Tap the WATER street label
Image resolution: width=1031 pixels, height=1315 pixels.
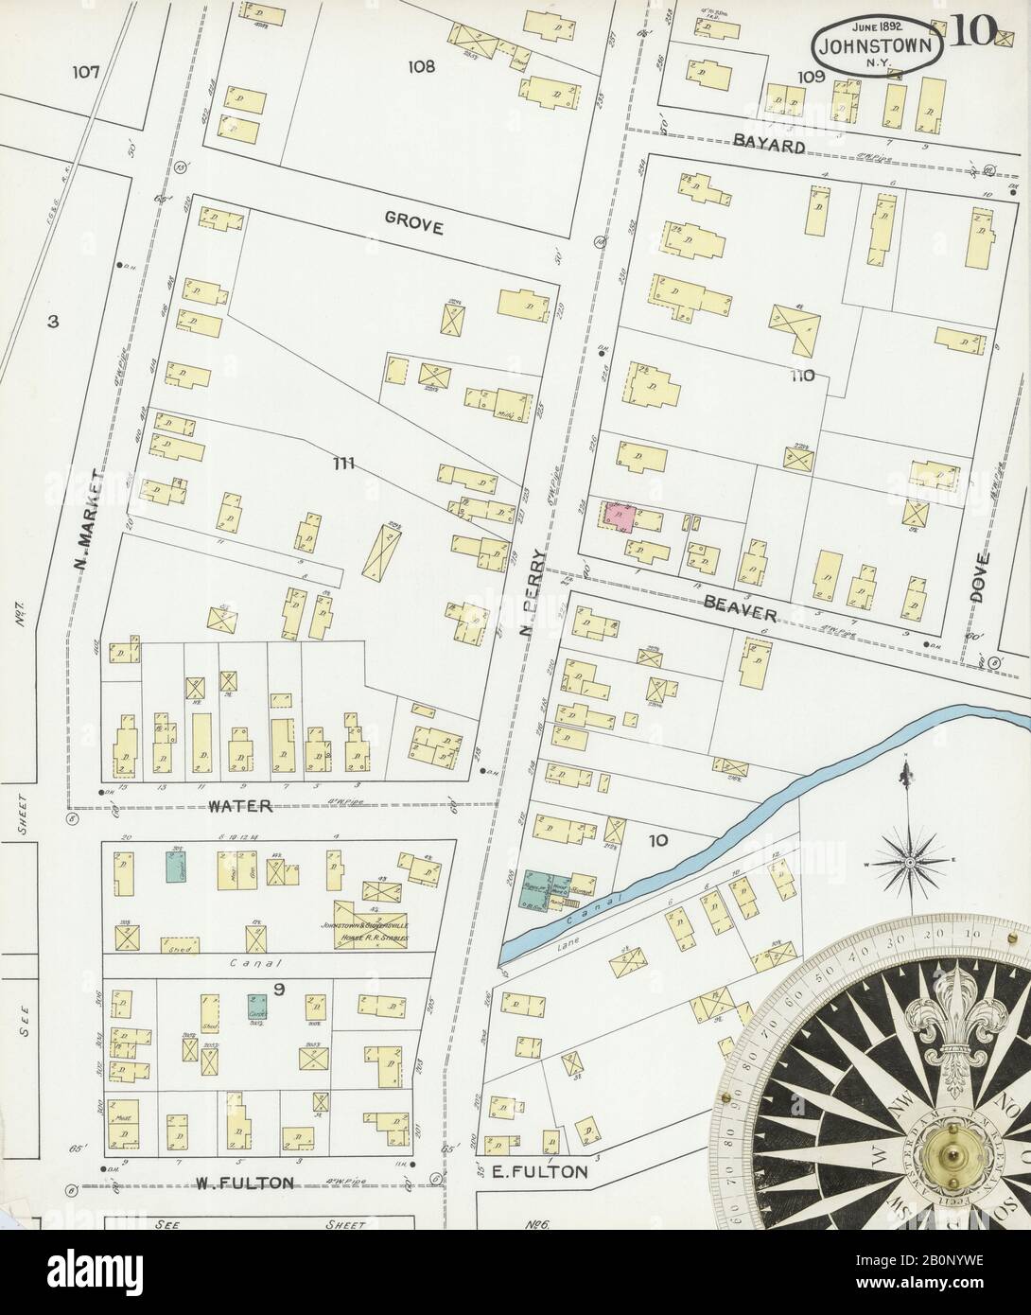pyautogui.click(x=240, y=806)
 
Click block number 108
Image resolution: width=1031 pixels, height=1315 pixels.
pyautogui.click(x=421, y=66)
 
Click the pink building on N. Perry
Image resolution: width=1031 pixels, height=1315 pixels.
pyautogui.click(x=618, y=517)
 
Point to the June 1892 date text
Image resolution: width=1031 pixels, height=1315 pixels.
pyautogui.click(x=877, y=23)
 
